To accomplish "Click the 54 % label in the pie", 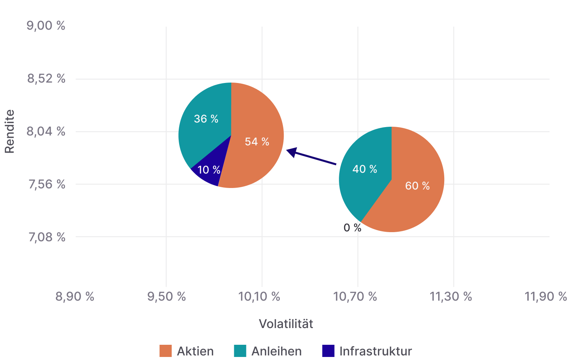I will coord(257,142).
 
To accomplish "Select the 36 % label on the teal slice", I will coord(206,119).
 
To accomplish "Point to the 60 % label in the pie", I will coord(417,186).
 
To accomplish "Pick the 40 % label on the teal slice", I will coord(364,169).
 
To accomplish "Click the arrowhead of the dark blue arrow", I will coord(291,152).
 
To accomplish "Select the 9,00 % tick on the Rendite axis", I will coord(46,26).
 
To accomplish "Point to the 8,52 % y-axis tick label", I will coord(46,79).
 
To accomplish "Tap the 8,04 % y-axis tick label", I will coord(46,132).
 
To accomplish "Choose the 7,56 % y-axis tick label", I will coord(46,184).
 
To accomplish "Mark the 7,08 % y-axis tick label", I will coord(47,237).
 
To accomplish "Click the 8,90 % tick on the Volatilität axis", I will coord(75,296).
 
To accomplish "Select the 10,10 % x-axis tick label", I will coord(259,296).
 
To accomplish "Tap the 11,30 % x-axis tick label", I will coord(451,296).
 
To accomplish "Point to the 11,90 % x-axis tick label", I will coord(545,296).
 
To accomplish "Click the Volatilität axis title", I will coord(286,324).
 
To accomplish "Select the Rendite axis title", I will coord(10,131).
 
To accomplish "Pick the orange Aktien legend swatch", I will coord(165,351).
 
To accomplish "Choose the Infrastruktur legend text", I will coord(375,351).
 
